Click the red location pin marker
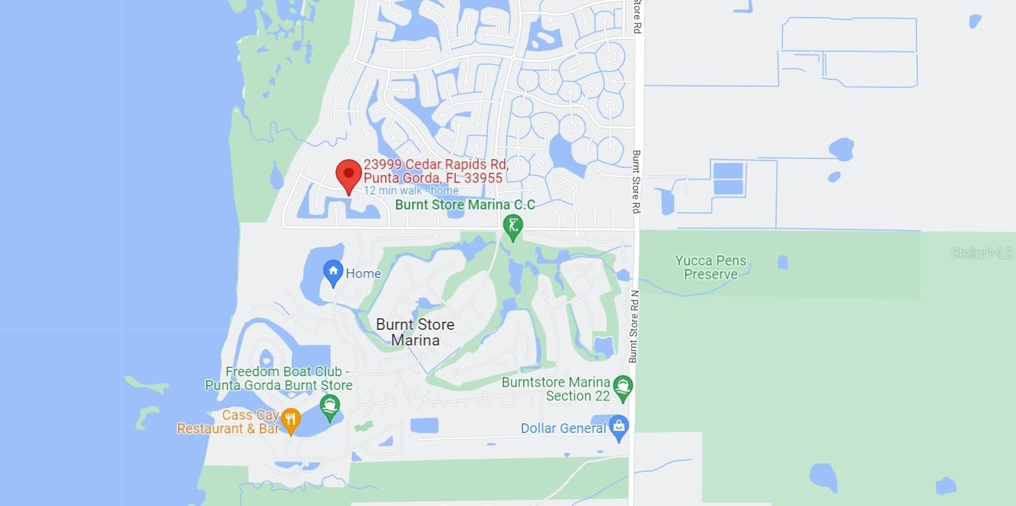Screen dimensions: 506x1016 pos(349,175)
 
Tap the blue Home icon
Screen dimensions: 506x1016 pos(333,272)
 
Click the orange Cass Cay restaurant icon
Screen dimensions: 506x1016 pos(291,420)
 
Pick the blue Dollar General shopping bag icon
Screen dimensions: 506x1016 pos(619,427)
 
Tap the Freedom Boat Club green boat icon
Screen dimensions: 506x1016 pos(331,406)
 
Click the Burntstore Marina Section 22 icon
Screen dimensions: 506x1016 pos(622,387)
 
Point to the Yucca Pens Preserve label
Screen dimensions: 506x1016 pos(711,268)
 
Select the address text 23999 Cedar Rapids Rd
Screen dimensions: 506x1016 pos(435,165)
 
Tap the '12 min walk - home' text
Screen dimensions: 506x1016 pos(411,191)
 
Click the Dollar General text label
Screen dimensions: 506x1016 pos(563,429)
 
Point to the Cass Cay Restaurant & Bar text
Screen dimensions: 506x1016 pos(228,423)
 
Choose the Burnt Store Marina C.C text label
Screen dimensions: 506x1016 pos(465,205)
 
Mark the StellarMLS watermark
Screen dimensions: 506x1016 pos(982,253)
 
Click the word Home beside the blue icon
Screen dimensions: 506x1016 pos(363,274)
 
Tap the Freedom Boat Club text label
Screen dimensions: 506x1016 pos(279,378)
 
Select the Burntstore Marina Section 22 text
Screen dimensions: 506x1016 pos(555,389)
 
